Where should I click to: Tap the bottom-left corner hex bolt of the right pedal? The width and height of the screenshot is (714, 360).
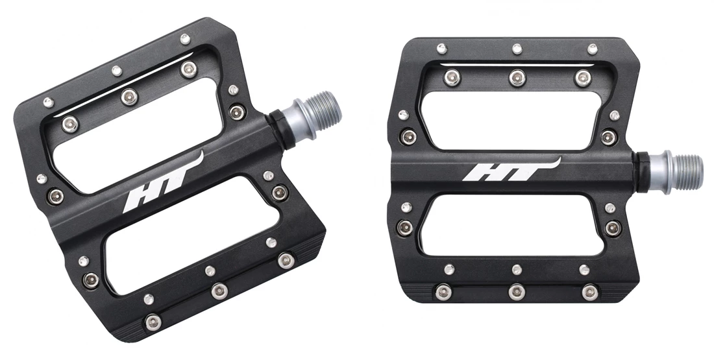(x=445, y=290)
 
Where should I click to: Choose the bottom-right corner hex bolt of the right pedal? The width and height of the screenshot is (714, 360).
(x=589, y=290)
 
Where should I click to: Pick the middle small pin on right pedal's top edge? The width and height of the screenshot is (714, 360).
(x=517, y=49)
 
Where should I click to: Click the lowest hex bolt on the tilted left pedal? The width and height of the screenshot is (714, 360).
(x=153, y=321)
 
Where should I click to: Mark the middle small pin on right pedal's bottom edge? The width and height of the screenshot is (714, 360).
(x=517, y=269)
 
